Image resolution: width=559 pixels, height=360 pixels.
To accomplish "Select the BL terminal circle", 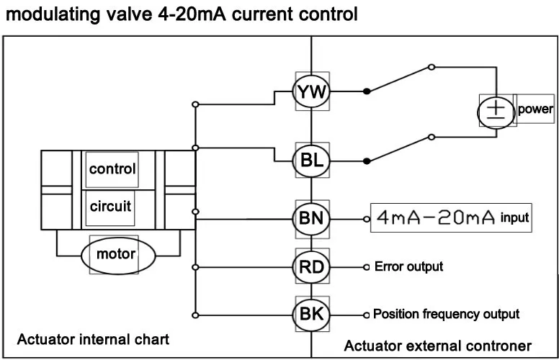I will tap(311, 161).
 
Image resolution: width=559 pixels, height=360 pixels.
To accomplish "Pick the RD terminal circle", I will tap(311, 267).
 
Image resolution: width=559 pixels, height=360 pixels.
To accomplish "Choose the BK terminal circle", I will tap(311, 314).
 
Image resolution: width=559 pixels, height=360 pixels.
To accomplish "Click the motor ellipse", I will tap(116, 254).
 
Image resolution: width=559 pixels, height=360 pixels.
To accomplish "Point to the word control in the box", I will tap(112, 169).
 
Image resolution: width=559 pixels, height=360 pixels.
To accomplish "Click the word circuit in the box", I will tap(110, 207).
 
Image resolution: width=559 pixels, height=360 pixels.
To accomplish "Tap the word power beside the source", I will tap(535, 109).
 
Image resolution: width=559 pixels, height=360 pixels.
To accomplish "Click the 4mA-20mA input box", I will tap(451, 217).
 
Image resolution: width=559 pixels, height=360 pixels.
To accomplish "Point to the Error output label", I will tap(408, 267).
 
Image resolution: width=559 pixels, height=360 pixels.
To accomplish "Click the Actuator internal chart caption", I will tap(94, 338).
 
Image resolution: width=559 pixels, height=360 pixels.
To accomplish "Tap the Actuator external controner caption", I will tap(437, 346).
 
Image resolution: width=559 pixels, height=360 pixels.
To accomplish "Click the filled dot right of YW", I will tap(367, 91).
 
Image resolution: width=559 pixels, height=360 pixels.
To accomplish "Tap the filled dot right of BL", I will tap(367, 160).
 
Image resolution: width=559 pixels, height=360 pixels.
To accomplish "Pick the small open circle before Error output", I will tap(367, 267).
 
